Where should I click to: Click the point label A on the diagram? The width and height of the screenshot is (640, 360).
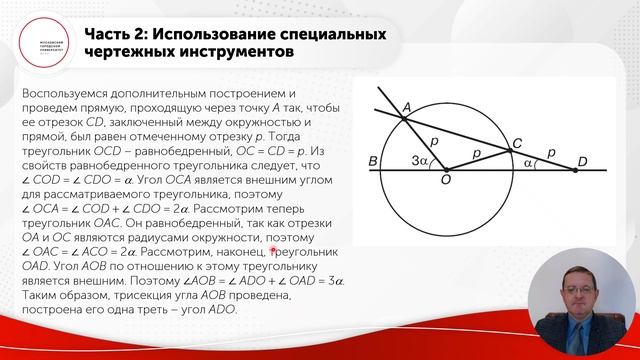[x=406, y=108]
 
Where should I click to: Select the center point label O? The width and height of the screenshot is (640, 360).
[x=444, y=179]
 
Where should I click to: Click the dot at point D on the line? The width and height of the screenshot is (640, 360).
[x=575, y=170]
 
